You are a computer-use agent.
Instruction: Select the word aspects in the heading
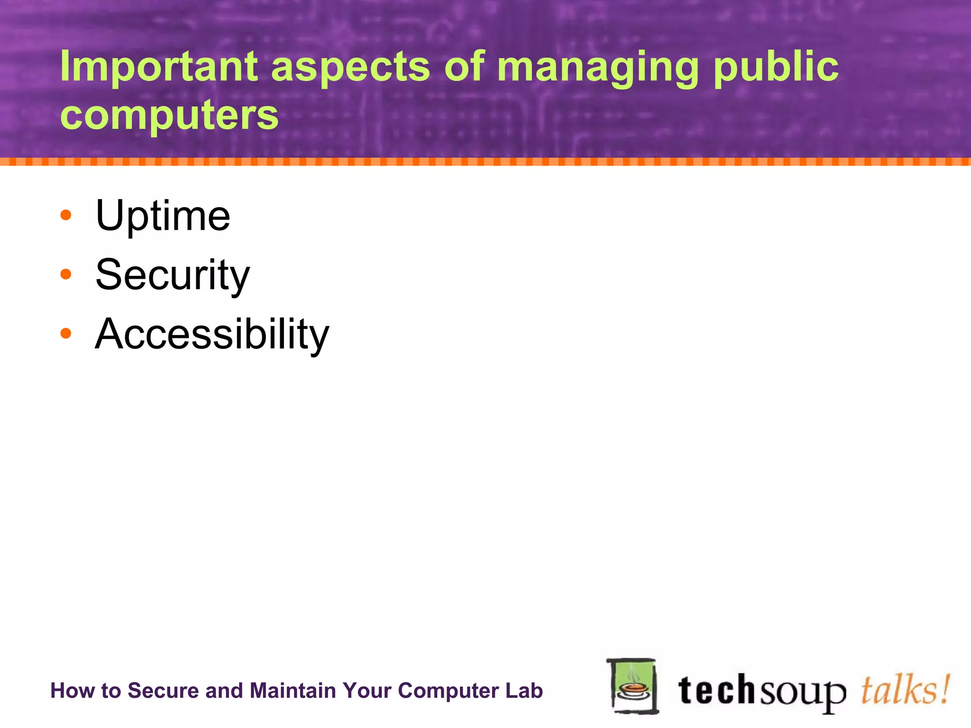click(350, 68)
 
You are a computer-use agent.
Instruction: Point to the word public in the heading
click(776, 68)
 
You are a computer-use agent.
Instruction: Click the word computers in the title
click(169, 117)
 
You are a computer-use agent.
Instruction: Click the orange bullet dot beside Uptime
click(66, 215)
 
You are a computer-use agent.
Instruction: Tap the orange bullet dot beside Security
click(66, 274)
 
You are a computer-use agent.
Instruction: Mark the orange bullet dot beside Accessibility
click(66, 333)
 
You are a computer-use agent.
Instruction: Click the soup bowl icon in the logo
click(632, 686)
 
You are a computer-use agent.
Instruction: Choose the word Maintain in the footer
click(293, 691)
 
